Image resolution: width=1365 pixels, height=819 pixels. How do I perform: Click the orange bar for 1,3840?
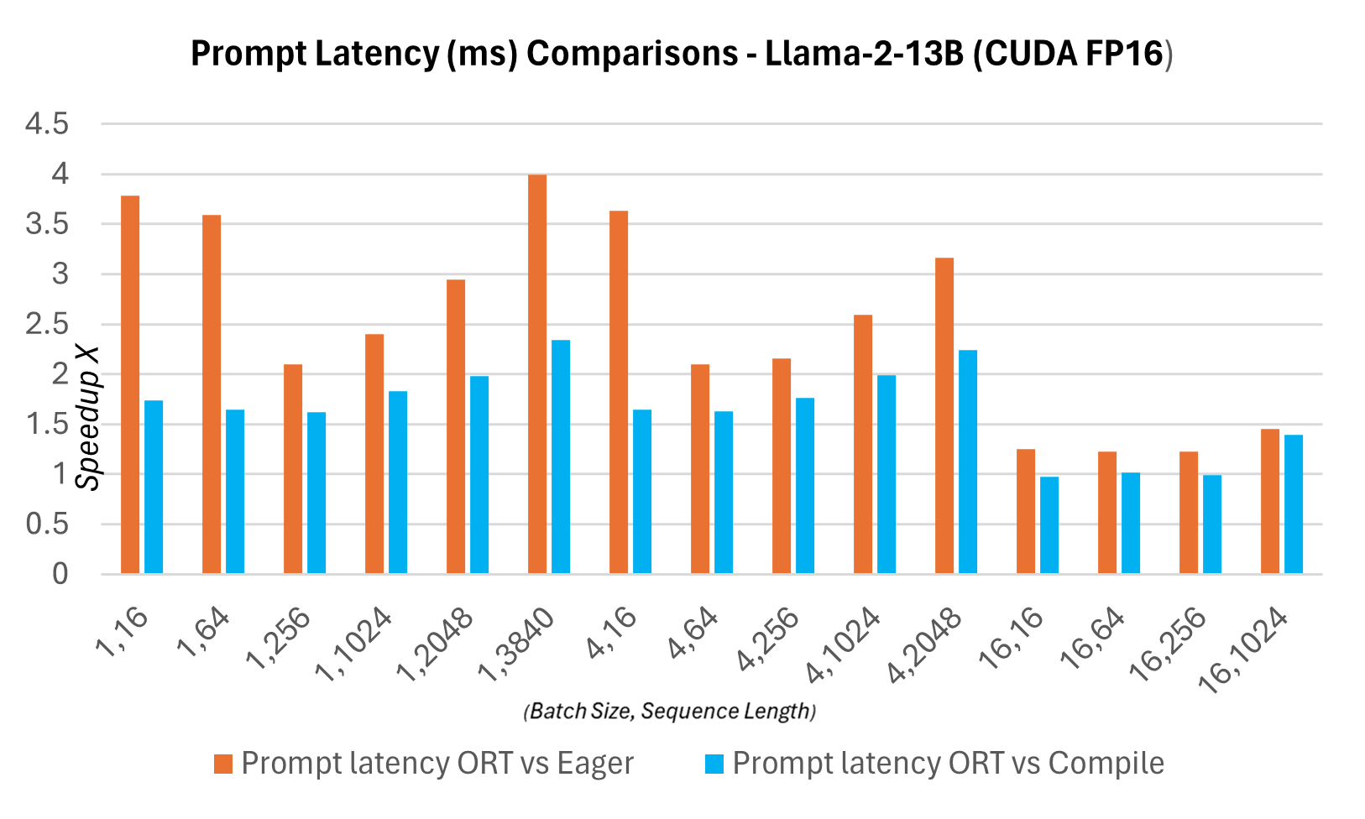[537, 374]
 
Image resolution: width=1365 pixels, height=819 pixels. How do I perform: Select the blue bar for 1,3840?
[561, 456]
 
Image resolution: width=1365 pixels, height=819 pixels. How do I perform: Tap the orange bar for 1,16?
[130, 384]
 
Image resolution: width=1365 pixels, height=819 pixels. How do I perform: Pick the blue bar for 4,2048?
[968, 462]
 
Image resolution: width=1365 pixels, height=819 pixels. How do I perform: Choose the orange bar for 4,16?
[619, 392]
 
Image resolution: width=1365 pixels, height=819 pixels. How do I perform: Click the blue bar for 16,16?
[1049, 525]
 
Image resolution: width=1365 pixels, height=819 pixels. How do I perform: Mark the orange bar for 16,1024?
[1270, 501]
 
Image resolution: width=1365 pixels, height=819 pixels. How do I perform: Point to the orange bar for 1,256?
[293, 469]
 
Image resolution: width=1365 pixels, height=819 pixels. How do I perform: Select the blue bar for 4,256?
[805, 486]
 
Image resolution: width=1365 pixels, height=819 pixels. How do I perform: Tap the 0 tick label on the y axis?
[60, 575]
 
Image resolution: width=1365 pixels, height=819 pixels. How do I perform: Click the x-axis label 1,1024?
[355, 644]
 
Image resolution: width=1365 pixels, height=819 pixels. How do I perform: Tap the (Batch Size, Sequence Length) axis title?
[670, 712]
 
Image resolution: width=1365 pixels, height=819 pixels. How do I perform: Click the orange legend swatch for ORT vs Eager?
[222, 764]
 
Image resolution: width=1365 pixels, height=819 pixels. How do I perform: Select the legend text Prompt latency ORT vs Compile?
[948, 764]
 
